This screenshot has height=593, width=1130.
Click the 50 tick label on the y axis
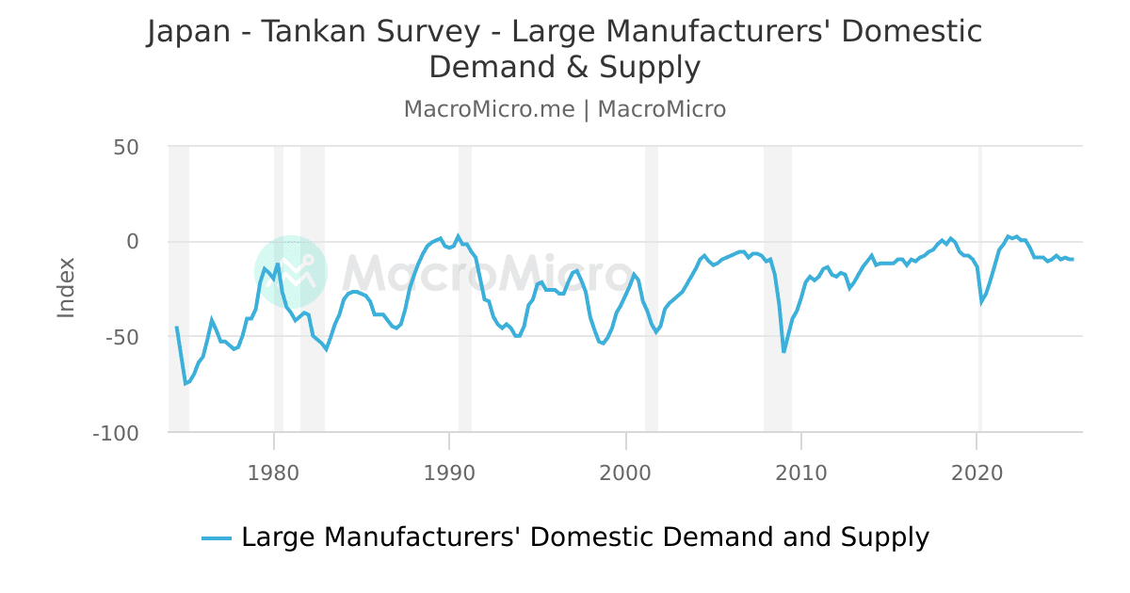[126, 147]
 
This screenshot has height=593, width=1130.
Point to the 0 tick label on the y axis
[132, 242]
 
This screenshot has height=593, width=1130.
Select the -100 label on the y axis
[116, 433]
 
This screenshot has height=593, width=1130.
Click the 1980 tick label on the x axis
[273, 472]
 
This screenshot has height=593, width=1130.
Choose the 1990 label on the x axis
[449, 472]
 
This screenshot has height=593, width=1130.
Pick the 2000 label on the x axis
[625, 472]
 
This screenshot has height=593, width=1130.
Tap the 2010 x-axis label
[801, 472]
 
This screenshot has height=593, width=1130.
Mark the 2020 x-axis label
[977, 472]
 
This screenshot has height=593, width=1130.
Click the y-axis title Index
[66, 287]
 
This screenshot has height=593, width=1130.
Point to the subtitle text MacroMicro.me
[489, 109]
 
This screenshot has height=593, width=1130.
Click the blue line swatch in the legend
[217, 538]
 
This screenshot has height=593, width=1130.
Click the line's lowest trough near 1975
[186, 384]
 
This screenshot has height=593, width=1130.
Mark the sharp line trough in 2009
[783, 352]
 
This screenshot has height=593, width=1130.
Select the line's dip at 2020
[981, 302]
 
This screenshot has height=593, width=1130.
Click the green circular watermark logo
[290, 271]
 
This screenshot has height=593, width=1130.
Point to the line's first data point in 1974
[176, 328]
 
